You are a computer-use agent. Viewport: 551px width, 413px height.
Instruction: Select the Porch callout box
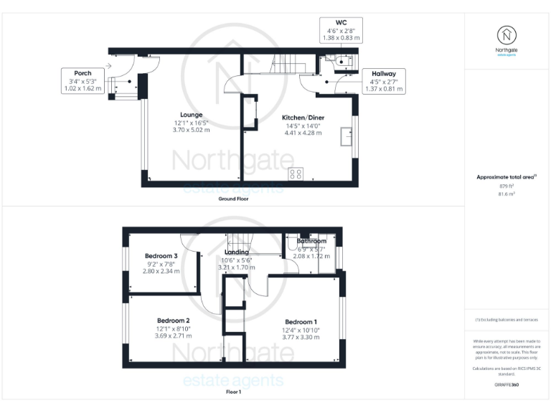point(82,80)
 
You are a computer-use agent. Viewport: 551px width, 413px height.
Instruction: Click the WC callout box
point(341,29)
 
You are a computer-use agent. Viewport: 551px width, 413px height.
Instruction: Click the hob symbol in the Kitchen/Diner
point(296,174)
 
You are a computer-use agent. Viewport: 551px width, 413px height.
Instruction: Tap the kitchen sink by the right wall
point(347,134)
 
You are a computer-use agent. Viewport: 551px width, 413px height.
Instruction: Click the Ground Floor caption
point(233,199)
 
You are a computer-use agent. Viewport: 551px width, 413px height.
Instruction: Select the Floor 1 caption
point(233,392)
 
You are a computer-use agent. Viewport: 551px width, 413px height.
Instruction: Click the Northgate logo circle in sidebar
point(507,35)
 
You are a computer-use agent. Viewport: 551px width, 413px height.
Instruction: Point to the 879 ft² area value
point(507,186)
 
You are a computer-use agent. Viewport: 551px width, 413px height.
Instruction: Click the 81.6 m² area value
point(507,194)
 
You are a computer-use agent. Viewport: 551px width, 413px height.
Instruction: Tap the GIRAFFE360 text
point(507,386)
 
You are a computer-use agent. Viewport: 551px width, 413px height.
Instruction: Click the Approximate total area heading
point(507,176)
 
